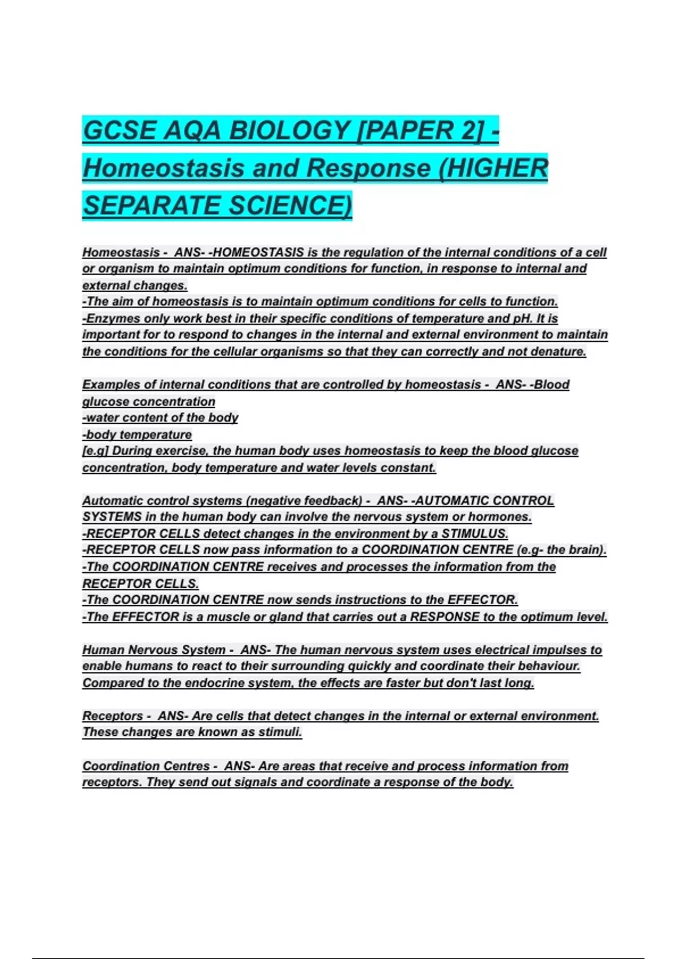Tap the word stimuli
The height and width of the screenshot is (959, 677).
(280, 732)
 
